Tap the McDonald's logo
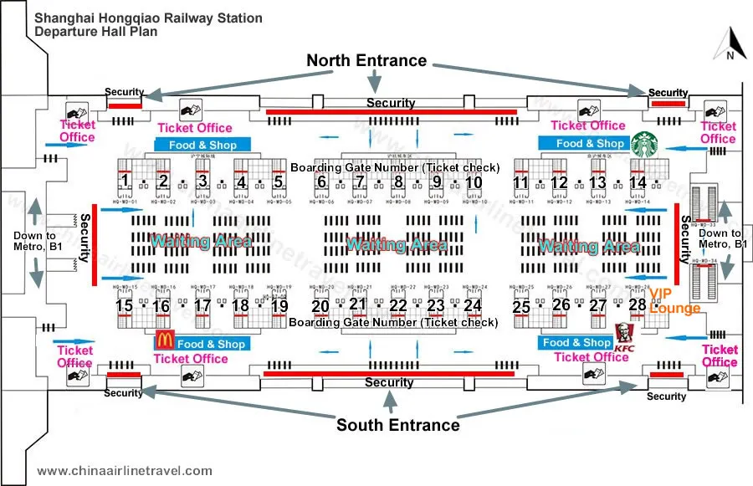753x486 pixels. tap(164, 340)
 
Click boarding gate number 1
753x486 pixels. tap(124, 181)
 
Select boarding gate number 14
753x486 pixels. tap(638, 182)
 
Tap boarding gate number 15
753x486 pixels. tap(124, 306)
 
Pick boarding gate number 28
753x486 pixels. tap(638, 305)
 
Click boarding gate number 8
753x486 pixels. tap(398, 182)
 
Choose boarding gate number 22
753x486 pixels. tap(398, 306)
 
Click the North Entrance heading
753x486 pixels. tap(366, 60)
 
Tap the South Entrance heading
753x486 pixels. tap(397, 425)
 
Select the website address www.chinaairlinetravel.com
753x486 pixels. tap(125, 471)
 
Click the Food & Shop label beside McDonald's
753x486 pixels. tap(211, 344)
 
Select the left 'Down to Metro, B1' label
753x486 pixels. tap(34, 241)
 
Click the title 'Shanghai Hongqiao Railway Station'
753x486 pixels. tap(148, 18)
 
